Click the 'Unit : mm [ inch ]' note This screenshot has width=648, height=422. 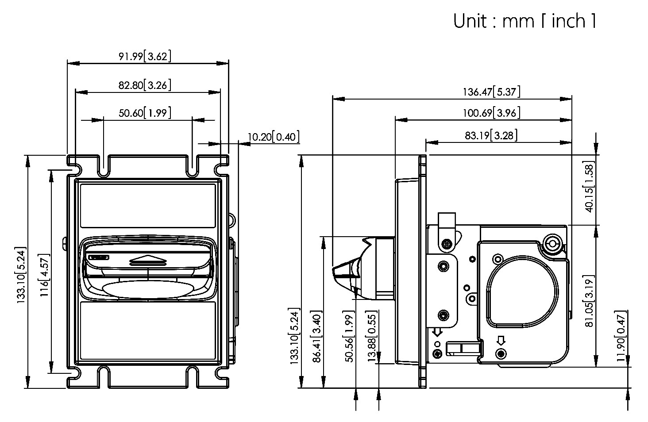524,21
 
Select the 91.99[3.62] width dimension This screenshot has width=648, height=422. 144,56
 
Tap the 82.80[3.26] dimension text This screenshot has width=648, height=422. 144,85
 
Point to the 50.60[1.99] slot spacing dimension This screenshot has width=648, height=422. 144,113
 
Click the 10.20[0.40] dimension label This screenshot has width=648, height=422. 273,136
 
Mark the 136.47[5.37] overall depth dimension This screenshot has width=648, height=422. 491,92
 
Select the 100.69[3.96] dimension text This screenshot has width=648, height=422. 491,113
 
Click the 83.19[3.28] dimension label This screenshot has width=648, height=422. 491,135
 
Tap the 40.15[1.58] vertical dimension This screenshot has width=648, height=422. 589,187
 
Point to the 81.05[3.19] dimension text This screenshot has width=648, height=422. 589,301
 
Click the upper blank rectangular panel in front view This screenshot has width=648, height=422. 147,205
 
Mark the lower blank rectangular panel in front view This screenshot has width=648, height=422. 147,330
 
